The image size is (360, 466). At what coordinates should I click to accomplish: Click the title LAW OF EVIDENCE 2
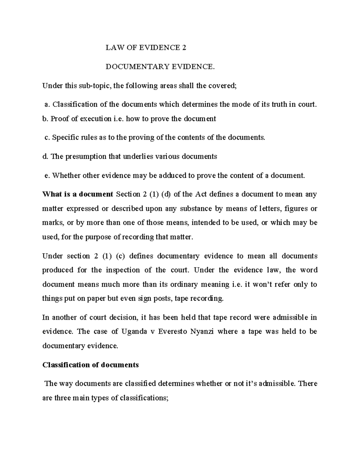146,48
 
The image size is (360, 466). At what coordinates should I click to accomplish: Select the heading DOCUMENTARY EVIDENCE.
160,67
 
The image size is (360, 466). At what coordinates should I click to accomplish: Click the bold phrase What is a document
77,194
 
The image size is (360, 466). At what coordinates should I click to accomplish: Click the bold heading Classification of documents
90,365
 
